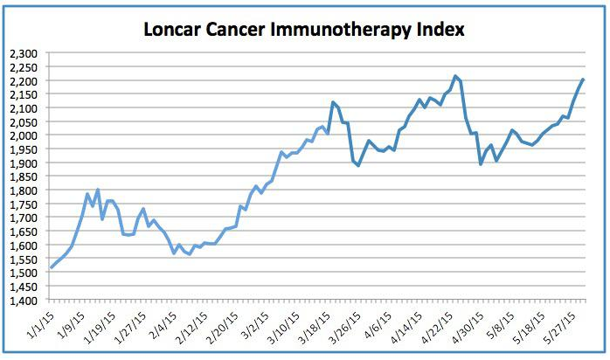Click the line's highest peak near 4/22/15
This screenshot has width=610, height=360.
[455, 76]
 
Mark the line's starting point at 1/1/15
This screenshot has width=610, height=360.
[51, 268]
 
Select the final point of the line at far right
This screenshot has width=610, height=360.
[583, 80]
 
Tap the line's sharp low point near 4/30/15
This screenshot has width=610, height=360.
[481, 164]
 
